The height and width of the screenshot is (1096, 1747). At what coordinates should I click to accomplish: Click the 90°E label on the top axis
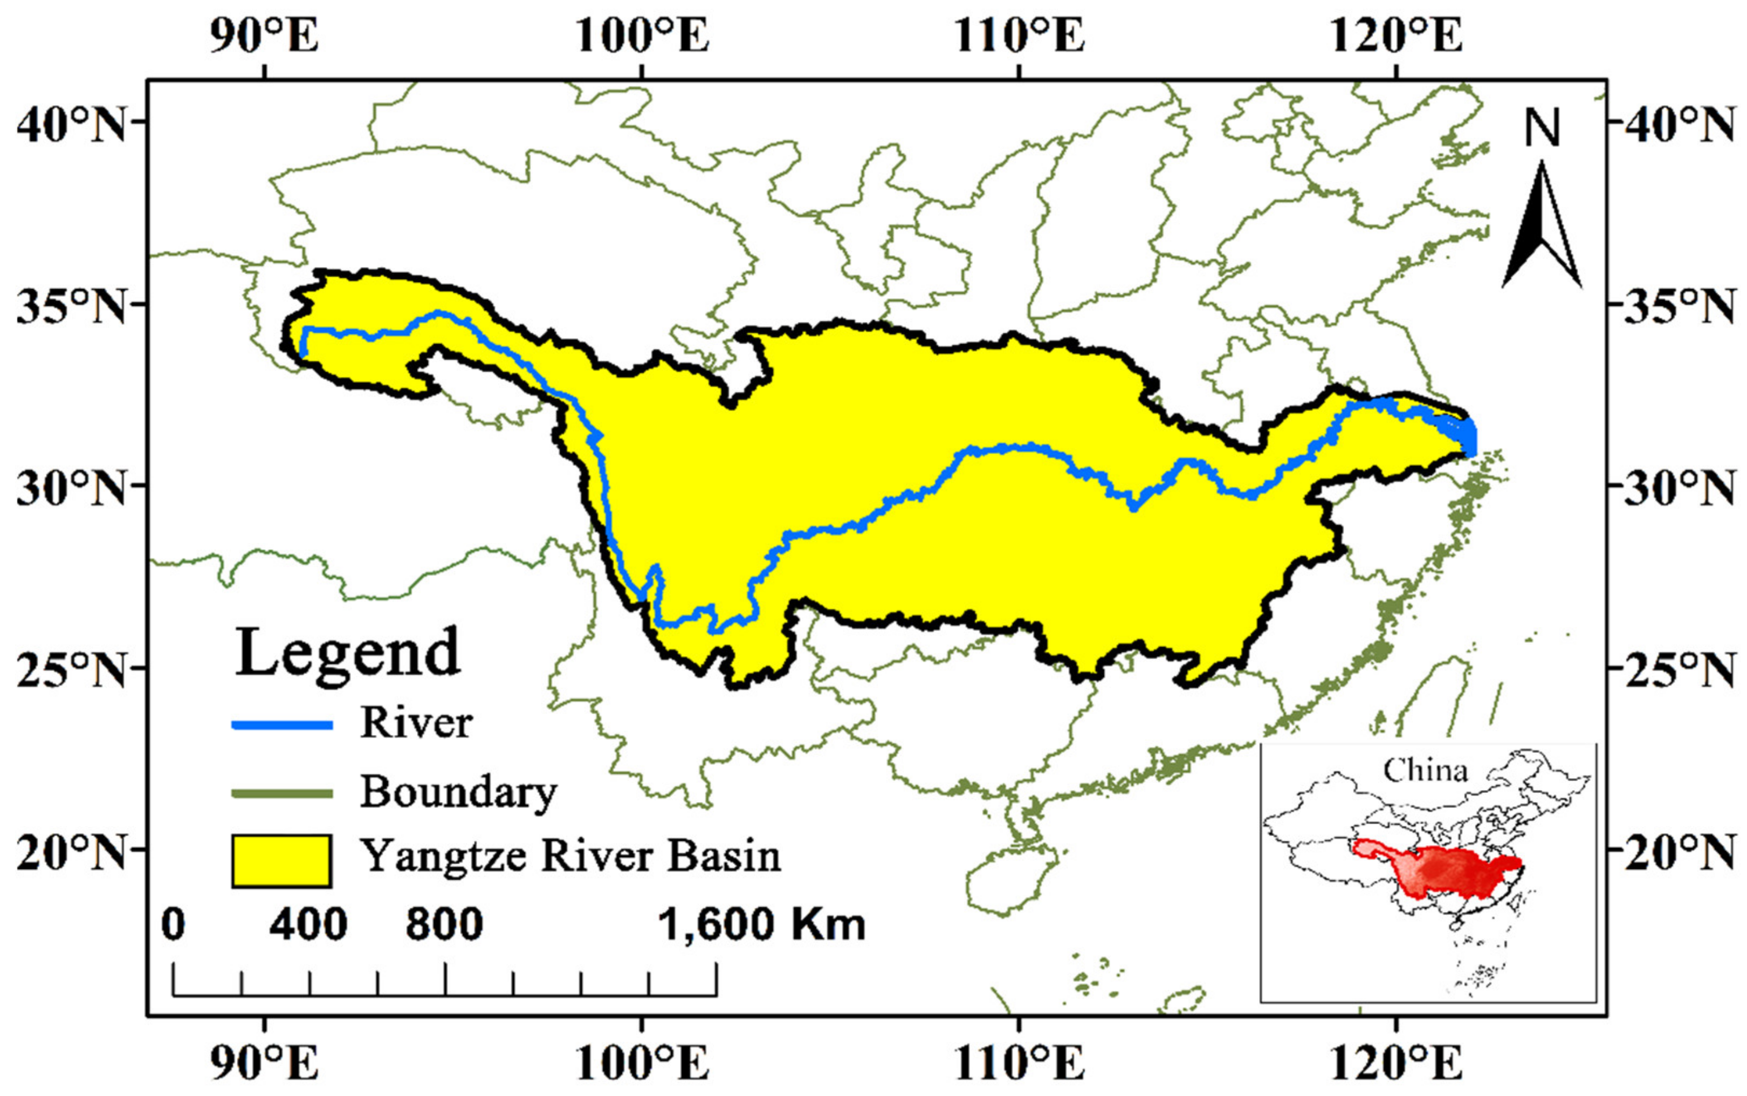(x=265, y=34)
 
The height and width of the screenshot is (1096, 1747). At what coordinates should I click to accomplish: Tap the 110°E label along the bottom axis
(x=1020, y=1064)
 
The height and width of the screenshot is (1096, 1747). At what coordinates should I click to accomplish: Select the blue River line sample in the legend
(x=282, y=725)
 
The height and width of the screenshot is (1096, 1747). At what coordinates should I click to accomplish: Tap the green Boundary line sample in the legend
(x=282, y=794)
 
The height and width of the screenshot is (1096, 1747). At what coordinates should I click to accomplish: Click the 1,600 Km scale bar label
(x=761, y=926)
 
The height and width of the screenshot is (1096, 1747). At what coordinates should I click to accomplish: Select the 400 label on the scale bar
(x=308, y=926)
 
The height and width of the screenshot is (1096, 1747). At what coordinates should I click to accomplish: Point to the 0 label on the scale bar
(x=173, y=926)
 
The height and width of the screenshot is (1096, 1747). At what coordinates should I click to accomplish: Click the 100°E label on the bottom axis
(x=643, y=1064)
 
